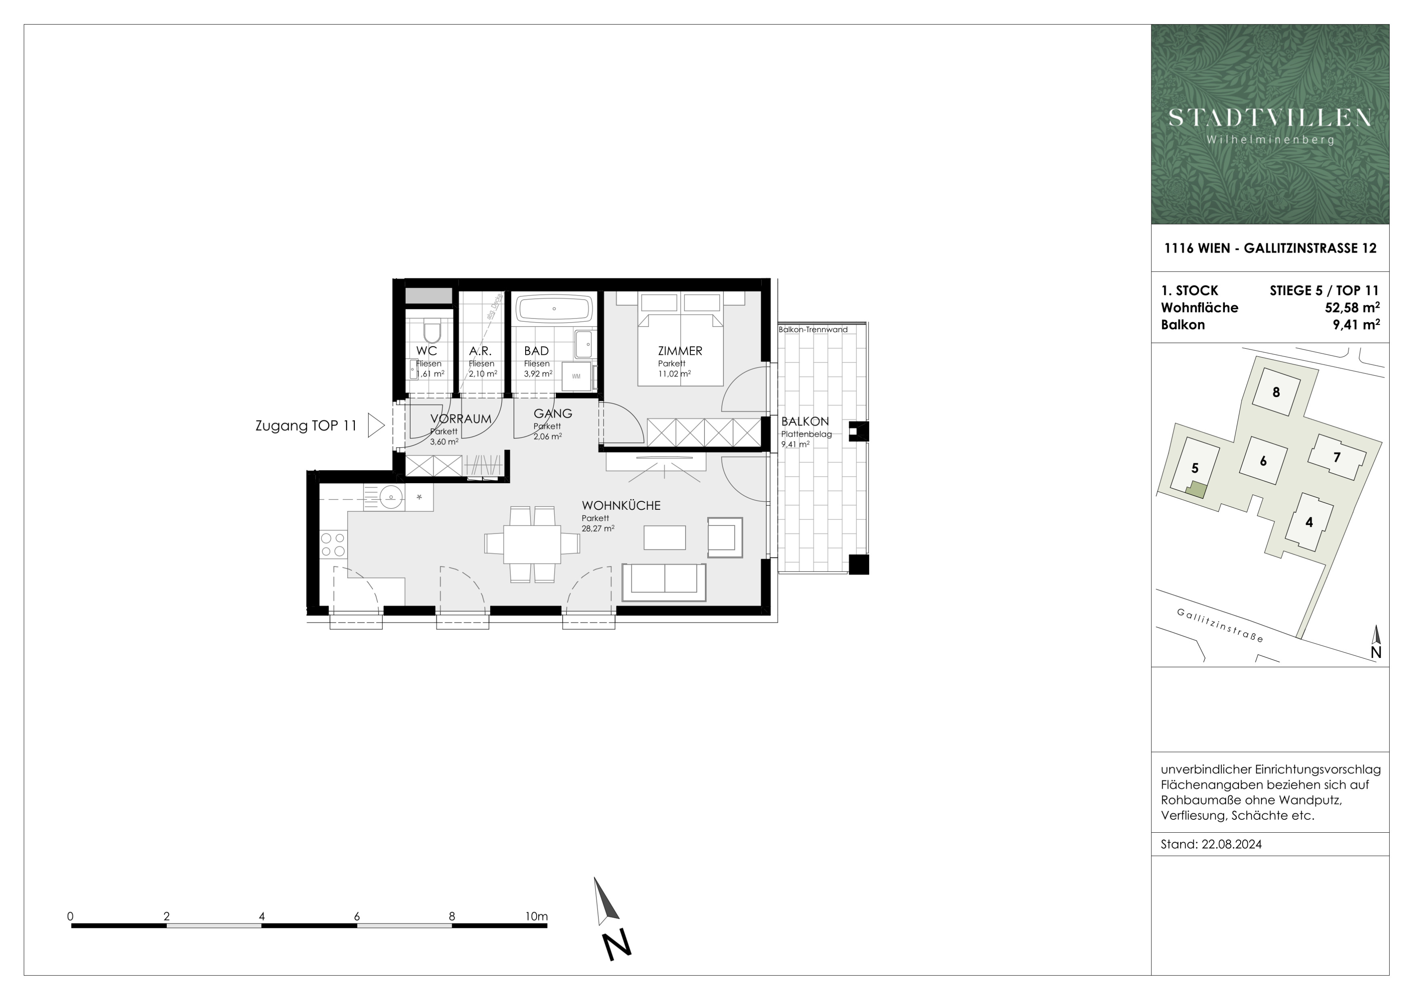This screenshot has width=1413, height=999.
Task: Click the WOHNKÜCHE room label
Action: pyautogui.click(x=621, y=506)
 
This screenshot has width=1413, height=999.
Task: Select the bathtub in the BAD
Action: pyautogui.click(x=554, y=309)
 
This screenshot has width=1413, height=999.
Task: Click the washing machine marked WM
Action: pyautogui.click(x=576, y=376)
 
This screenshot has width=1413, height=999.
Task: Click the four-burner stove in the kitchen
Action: pyautogui.click(x=333, y=545)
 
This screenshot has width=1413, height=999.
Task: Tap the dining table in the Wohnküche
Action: pyautogui.click(x=532, y=544)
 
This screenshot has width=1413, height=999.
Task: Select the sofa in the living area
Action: pyautogui.click(x=664, y=582)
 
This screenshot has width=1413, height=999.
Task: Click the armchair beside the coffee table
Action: pyautogui.click(x=725, y=537)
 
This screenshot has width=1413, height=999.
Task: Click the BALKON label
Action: pyautogui.click(x=805, y=421)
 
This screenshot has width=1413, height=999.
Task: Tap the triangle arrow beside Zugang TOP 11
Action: pyautogui.click(x=376, y=425)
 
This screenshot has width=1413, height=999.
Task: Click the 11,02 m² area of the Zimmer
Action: pyautogui.click(x=674, y=373)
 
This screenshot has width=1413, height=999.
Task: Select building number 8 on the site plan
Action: pyautogui.click(x=1276, y=392)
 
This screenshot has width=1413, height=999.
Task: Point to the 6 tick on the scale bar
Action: pyautogui.click(x=357, y=917)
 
